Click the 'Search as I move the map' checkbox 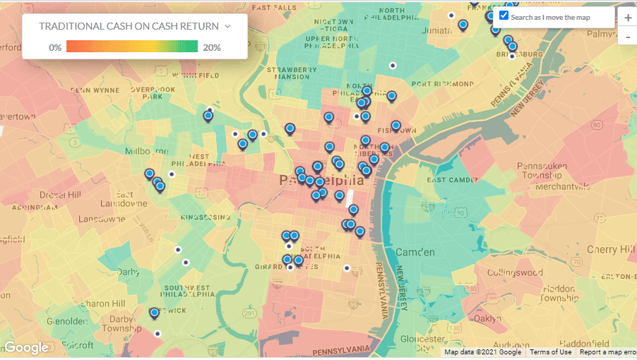[x=504, y=16]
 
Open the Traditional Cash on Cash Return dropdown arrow [x=227, y=26]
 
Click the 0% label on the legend [x=55, y=48]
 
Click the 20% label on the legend [x=212, y=48]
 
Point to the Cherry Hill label [x=610, y=250]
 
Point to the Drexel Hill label [x=60, y=194]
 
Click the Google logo [x=26, y=347]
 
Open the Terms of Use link [x=551, y=352]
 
